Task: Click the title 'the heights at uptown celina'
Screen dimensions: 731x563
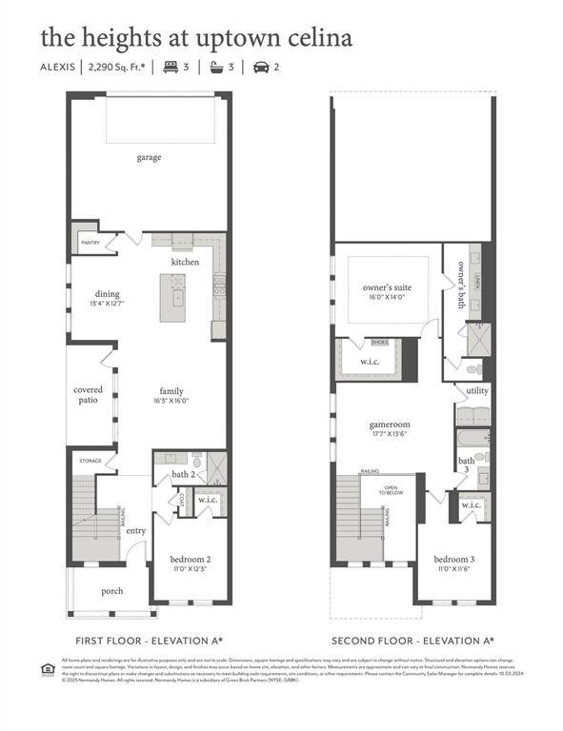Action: coord(196,37)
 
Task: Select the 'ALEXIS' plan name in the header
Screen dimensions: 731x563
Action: coord(59,68)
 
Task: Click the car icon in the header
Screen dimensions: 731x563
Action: coord(260,68)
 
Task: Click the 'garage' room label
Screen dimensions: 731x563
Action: coord(149,157)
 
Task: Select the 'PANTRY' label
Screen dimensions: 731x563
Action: coord(90,243)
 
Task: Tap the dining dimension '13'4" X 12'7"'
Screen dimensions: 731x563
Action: coord(108,304)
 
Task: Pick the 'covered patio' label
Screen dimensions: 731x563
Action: coord(89,395)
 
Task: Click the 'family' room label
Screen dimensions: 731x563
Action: coord(171,390)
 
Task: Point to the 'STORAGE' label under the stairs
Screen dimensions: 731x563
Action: coord(90,461)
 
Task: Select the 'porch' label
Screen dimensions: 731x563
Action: coord(112,591)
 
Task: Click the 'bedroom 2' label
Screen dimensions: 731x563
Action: coord(190,559)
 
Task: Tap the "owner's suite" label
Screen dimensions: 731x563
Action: coord(387,286)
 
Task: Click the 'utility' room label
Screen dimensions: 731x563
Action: coord(476,391)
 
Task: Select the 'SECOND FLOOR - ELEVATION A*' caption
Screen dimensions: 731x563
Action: coord(412,641)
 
